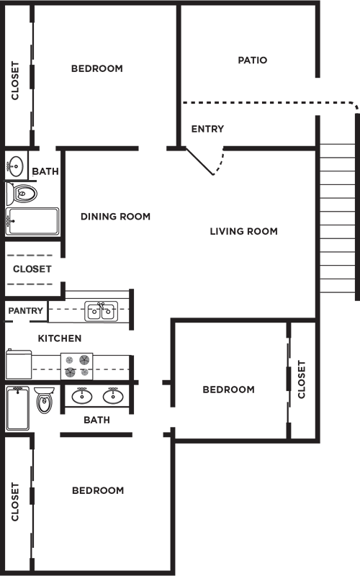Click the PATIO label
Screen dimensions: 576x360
252,60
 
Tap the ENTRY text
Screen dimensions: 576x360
207,129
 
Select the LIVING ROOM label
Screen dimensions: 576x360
243,231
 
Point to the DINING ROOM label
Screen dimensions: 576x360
115,216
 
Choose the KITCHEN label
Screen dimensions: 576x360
60,338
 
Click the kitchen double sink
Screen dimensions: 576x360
101,311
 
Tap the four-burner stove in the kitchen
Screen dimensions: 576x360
77,365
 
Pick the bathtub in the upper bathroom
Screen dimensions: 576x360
32,222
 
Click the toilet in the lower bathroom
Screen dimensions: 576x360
45,400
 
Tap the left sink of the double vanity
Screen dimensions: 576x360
81,396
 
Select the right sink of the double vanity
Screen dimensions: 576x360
112,396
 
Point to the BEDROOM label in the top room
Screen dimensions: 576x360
97,68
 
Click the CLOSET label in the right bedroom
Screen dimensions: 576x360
302,379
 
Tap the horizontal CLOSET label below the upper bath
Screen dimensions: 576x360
32,269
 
